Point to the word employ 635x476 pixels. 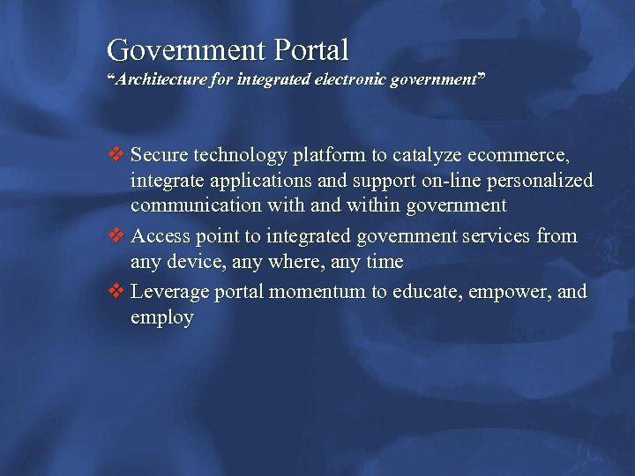pos(161,318)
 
